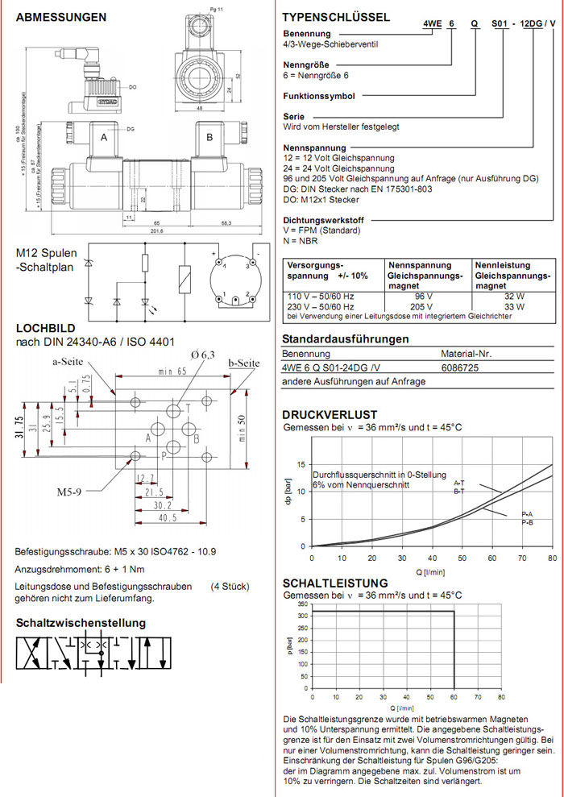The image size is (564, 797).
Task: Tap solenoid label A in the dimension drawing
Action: click(103, 138)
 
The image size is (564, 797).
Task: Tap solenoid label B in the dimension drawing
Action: click(209, 138)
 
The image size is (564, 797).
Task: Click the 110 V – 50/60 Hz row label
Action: click(321, 297)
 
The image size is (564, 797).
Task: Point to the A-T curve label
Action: click(458, 483)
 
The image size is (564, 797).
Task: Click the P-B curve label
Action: click(528, 523)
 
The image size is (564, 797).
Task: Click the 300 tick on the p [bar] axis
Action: click(302, 616)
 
